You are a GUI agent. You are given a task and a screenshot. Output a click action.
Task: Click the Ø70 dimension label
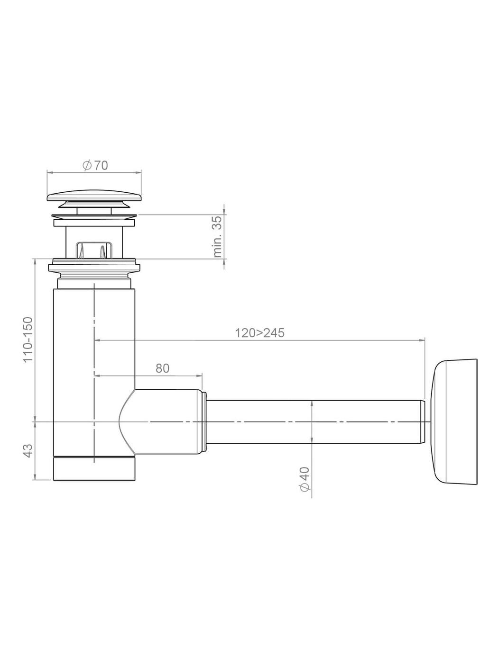(x=95, y=165)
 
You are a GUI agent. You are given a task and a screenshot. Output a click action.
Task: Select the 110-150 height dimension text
(x=28, y=339)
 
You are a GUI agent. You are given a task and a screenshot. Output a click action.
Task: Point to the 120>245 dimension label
(x=260, y=333)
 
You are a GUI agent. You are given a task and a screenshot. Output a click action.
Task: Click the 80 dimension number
(x=162, y=368)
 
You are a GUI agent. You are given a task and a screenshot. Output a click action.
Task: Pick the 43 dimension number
(x=28, y=451)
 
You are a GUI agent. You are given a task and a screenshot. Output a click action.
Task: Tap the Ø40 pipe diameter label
(x=305, y=479)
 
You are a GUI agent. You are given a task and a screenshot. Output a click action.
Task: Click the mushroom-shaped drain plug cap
(x=94, y=195)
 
